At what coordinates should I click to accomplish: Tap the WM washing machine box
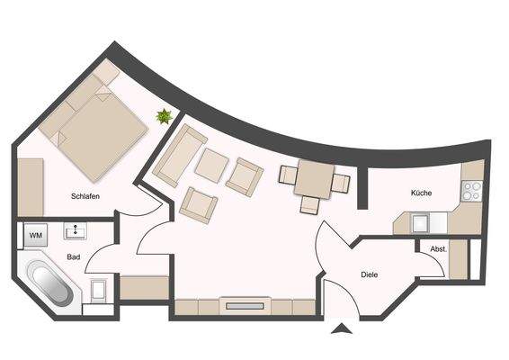pyautogui.click(x=36, y=236)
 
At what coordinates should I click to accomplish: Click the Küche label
pyautogui.click(x=422, y=193)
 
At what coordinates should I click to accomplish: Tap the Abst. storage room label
pyautogui.click(x=438, y=249)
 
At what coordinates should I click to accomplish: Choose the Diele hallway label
pyautogui.click(x=370, y=274)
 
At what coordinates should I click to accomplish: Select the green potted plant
pyautogui.click(x=165, y=116)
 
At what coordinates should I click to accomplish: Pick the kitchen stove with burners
pyautogui.click(x=471, y=191)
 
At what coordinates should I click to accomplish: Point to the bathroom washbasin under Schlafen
pyautogui.click(x=75, y=232)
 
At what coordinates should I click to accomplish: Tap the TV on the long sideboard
pyautogui.click(x=245, y=306)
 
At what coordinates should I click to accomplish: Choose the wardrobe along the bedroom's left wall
pyautogui.click(x=31, y=186)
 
